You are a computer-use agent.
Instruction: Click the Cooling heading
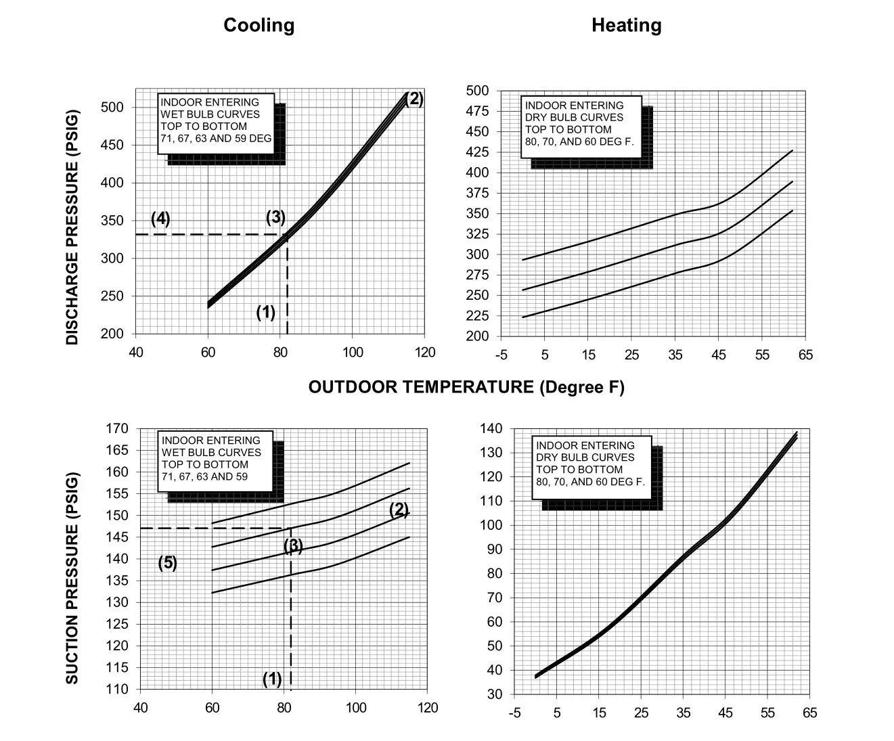coord(259,26)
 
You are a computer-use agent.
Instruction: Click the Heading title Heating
coord(626,26)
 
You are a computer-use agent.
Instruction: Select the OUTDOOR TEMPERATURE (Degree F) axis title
coord(466,387)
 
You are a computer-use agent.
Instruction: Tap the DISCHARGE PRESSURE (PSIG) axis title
coord(72,227)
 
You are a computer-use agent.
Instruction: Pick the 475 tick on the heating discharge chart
coord(478,111)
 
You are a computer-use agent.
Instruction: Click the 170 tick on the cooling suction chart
coord(117,428)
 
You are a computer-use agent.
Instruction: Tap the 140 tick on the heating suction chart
coord(491,428)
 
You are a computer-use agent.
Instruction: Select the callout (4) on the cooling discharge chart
coord(160,219)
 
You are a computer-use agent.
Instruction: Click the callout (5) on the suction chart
coord(168,563)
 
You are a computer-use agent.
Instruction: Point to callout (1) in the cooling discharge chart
coord(265,313)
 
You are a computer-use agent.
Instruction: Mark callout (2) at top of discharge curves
coord(414,99)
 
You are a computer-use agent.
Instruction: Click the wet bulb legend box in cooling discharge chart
coord(216,124)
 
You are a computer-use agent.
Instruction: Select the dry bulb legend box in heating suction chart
coord(591,467)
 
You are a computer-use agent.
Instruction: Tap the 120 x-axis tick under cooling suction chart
coord(428,708)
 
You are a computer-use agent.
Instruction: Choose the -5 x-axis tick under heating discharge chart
coord(501,355)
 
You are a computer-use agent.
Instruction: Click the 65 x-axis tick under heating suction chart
coord(809,713)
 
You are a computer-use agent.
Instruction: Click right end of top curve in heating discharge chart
coord(792,151)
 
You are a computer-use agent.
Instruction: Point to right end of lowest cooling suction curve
coord(409,537)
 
